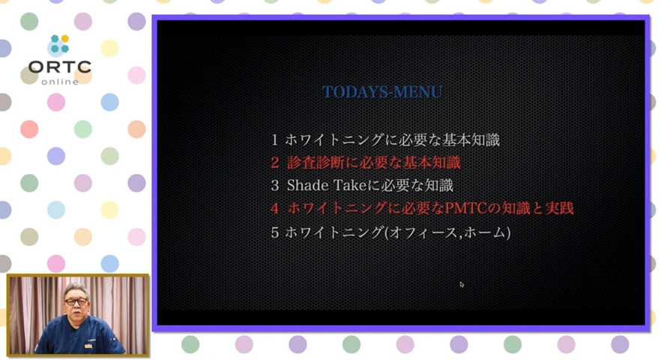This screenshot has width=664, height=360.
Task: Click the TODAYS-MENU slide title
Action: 382,92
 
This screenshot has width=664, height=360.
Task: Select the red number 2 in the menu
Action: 275,163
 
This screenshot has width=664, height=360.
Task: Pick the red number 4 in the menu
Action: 275,208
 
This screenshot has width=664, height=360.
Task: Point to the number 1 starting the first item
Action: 275,140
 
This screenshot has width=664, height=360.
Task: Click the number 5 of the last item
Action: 275,232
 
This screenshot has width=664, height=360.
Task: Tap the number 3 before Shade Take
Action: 275,185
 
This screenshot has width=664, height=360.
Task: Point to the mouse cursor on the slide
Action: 462,284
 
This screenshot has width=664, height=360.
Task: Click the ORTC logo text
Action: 60,67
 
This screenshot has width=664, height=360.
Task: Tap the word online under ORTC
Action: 60,82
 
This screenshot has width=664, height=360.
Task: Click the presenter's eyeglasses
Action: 76,302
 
